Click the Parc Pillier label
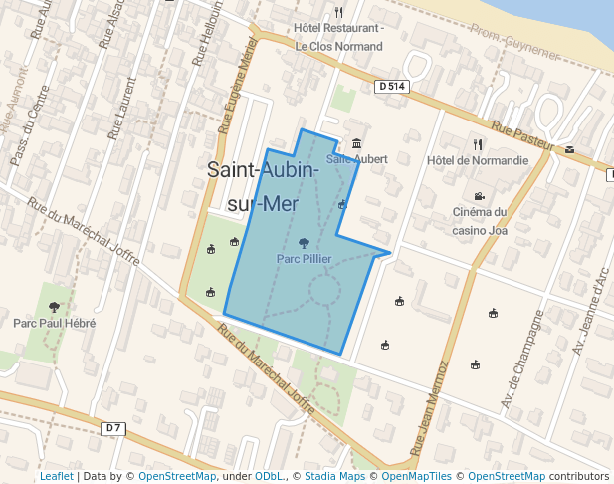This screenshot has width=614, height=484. click(x=304, y=259)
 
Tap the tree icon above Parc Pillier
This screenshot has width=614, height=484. click(x=304, y=242)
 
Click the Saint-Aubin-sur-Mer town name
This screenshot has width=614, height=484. click(x=263, y=186)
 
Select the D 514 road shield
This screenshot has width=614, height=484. click(x=392, y=87)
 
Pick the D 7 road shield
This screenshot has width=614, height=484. click(x=114, y=428)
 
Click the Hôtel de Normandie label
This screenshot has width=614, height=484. click(x=477, y=160)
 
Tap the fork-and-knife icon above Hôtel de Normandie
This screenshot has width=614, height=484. click(x=478, y=144)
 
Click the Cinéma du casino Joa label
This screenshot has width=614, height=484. click(x=480, y=220)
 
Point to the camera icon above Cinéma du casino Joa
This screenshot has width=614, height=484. click(x=479, y=195)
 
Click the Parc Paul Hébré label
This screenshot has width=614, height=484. click(x=55, y=324)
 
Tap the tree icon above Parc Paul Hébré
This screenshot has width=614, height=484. click(x=54, y=307)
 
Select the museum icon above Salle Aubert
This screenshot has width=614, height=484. click(x=356, y=143)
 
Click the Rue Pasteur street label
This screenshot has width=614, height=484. click(x=521, y=136)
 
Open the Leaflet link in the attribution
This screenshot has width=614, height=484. click(x=56, y=477)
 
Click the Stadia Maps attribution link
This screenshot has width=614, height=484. click(x=335, y=477)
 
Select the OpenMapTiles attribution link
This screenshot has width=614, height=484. click(x=414, y=477)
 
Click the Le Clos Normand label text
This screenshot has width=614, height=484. click(x=339, y=46)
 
